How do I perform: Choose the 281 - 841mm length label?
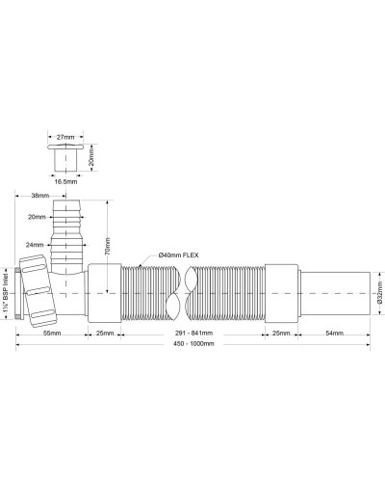pos(192,333)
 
